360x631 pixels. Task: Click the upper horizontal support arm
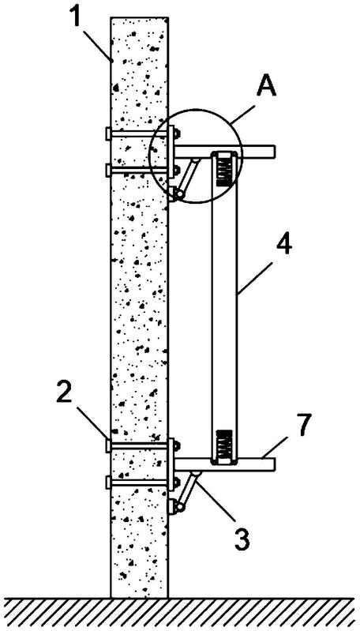[224, 151]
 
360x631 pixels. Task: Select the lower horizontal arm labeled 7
[224, 464]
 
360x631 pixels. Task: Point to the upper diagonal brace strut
[188, 177]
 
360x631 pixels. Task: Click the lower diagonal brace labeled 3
[188, 491]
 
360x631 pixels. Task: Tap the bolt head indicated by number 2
[108, 445]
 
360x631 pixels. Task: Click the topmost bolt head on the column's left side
[108, 133]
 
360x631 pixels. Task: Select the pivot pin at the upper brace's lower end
[180, 193]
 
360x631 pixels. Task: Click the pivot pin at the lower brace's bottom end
[180, 508]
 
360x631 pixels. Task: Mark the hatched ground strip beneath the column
[180, 614]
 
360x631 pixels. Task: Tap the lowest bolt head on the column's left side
[108, 482]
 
